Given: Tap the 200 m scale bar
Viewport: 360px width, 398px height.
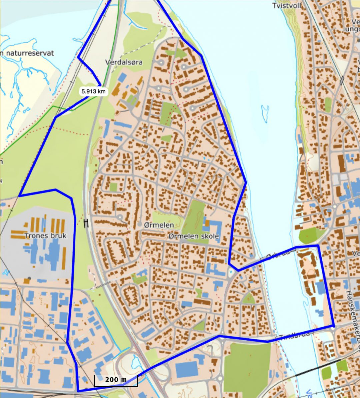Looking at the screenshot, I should (x=116, y=380).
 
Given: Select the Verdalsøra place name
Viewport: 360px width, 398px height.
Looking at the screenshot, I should (x=124, y=62).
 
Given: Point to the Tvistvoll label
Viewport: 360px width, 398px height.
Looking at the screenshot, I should (x=287, y=6).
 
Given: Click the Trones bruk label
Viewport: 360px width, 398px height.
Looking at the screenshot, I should (x=45, y=236).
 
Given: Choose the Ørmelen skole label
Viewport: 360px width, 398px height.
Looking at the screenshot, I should (x=194, y=236).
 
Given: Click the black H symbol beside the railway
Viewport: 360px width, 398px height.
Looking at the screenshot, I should (x=87, y=223).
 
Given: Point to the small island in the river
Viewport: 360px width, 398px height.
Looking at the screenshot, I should (x=265, y=114).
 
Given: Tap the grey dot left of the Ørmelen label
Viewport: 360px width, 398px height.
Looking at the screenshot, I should (x=140, y=225).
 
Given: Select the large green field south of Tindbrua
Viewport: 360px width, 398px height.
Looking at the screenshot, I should (x=247, y=367).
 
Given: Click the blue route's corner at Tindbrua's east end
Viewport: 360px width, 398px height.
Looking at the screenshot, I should (x=333, y=326).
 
